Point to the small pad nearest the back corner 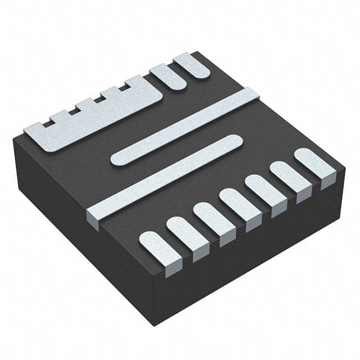click(193, 65)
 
